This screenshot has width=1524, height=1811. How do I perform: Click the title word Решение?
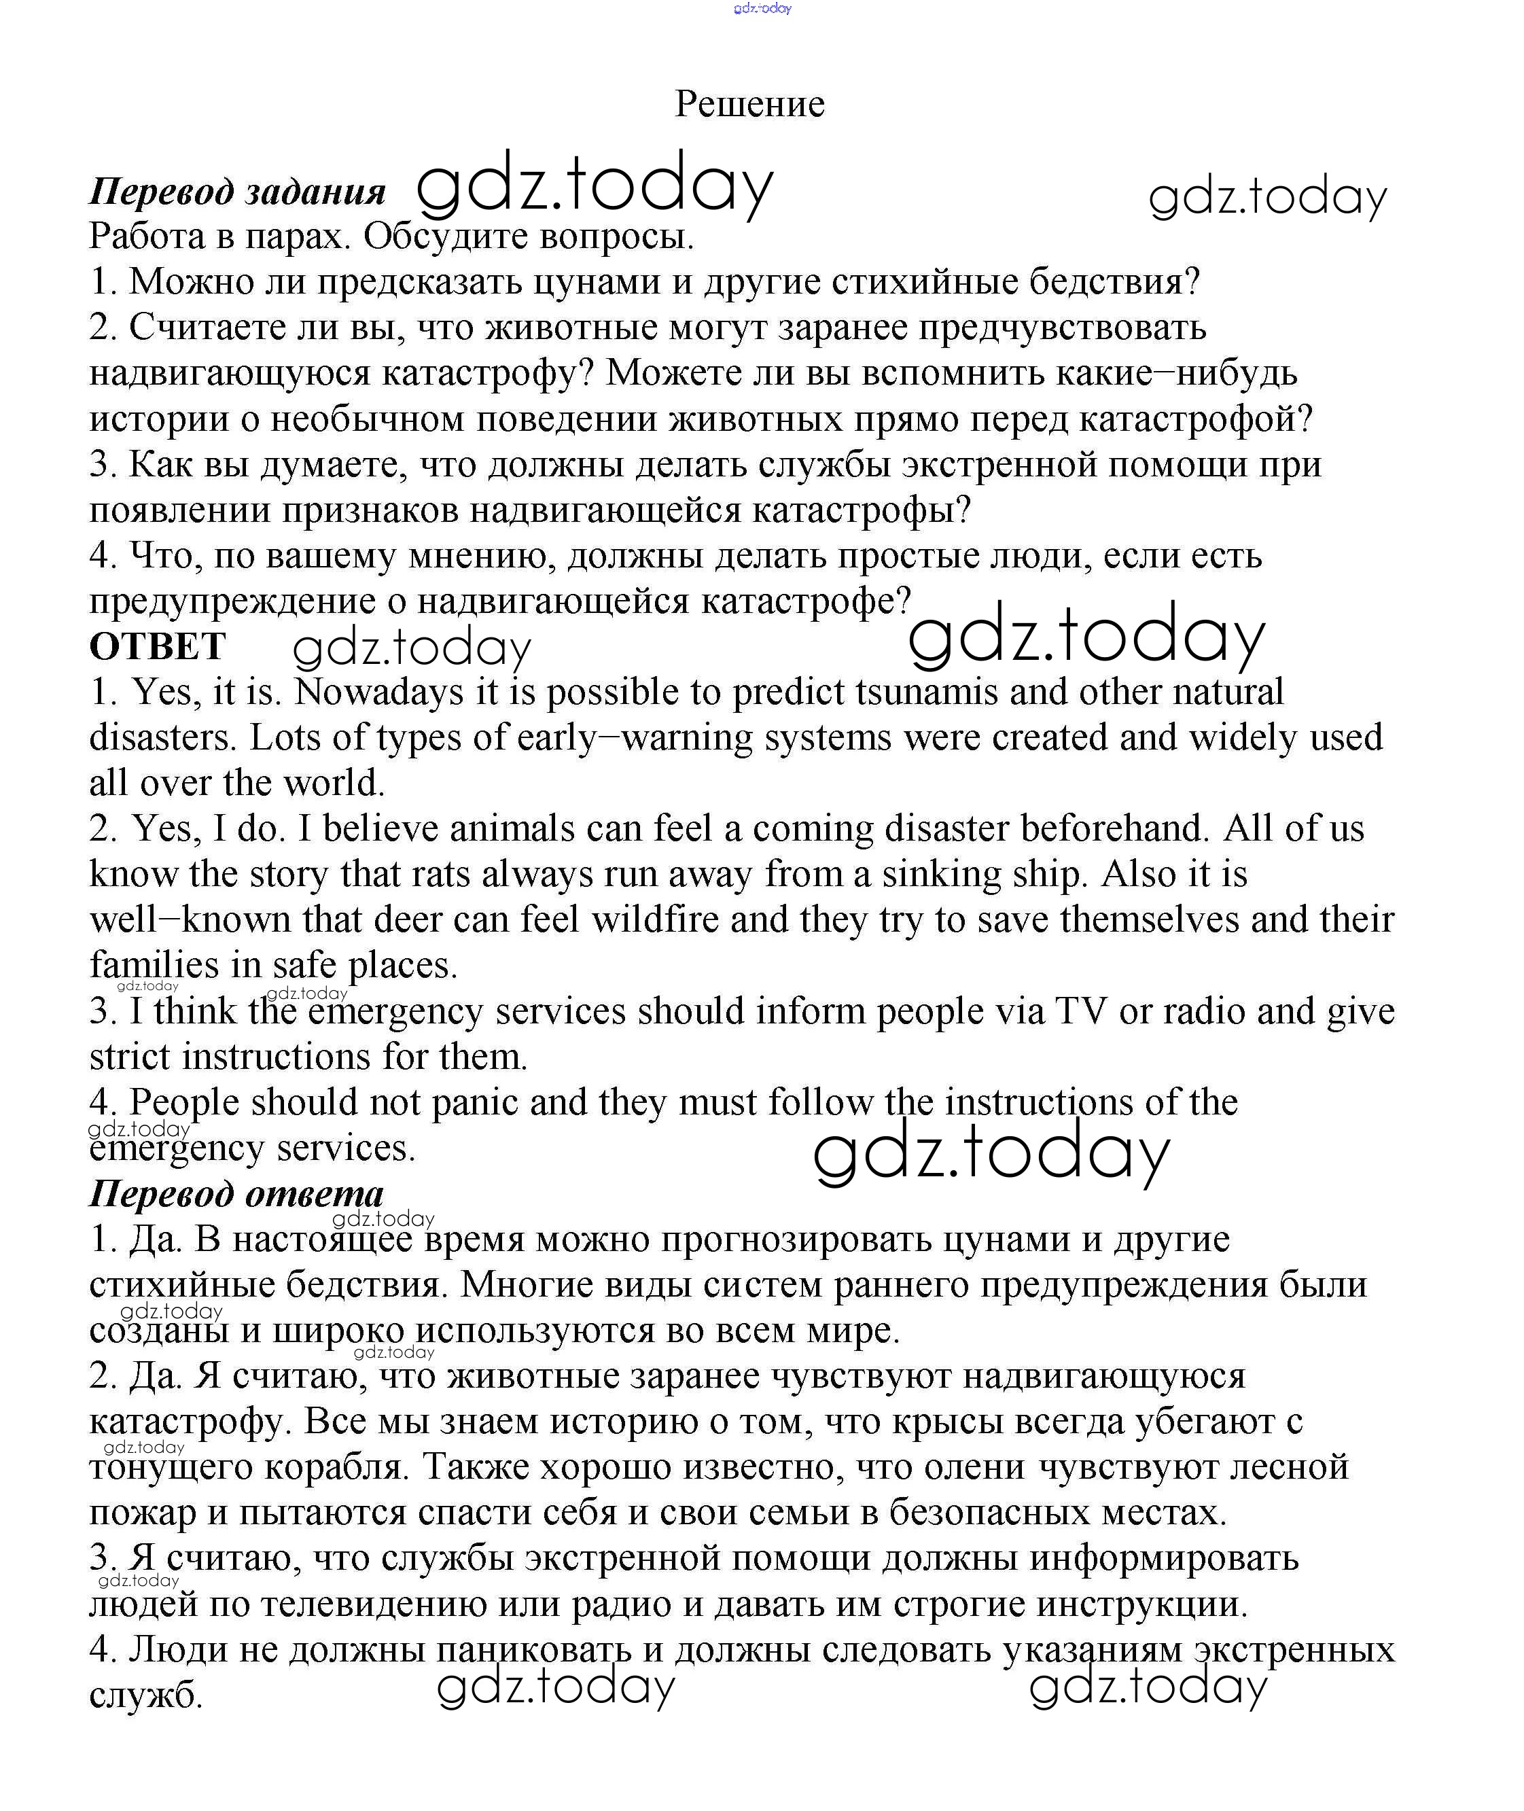(x=749, y=104)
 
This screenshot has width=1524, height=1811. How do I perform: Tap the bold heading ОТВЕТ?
(x=157, y=646)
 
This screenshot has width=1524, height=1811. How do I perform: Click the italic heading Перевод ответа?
(x=236, y=1193)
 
